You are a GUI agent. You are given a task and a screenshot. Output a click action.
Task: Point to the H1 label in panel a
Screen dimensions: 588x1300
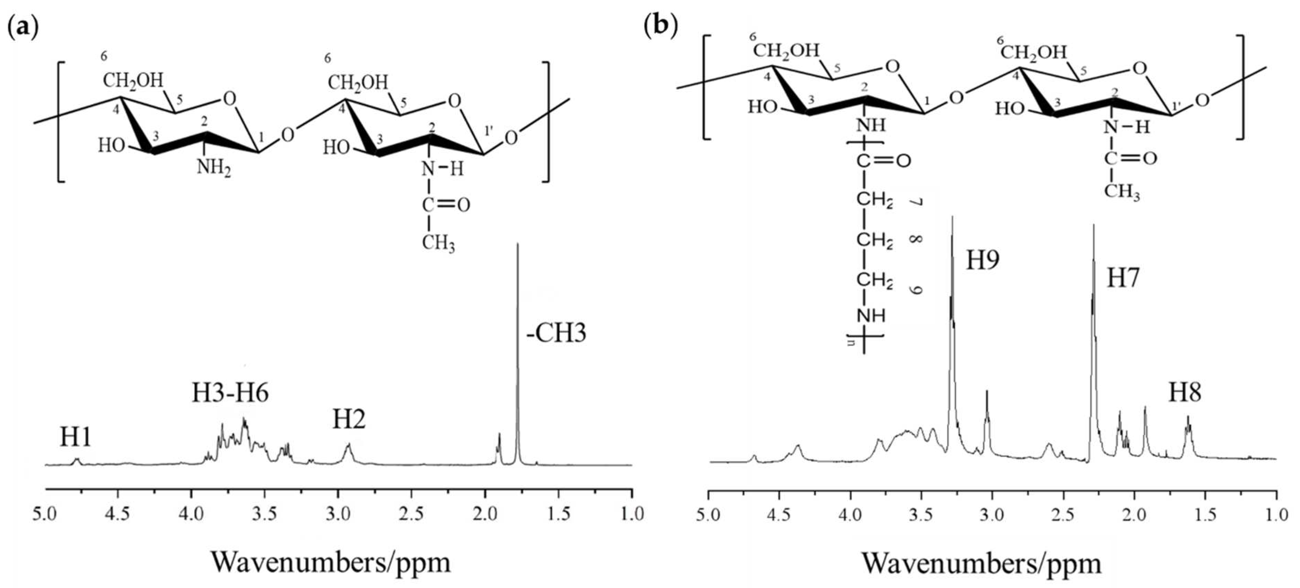click(76, 437)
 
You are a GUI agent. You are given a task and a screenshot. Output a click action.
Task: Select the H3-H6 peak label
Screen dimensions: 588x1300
click(230, 393)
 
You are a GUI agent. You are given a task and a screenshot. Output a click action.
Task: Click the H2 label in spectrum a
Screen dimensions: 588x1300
click(349, 419)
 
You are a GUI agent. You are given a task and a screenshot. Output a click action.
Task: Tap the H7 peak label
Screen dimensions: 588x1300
click(1123, 277)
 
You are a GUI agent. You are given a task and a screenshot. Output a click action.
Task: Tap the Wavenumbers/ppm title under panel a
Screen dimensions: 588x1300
click(331, 562)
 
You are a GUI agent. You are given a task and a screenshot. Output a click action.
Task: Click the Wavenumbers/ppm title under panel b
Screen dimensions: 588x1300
click(982, 563)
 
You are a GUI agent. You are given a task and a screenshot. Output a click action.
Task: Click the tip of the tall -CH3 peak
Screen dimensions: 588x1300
click(517, 245)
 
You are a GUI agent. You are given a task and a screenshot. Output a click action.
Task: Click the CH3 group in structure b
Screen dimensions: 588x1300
click(1121, 192)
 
